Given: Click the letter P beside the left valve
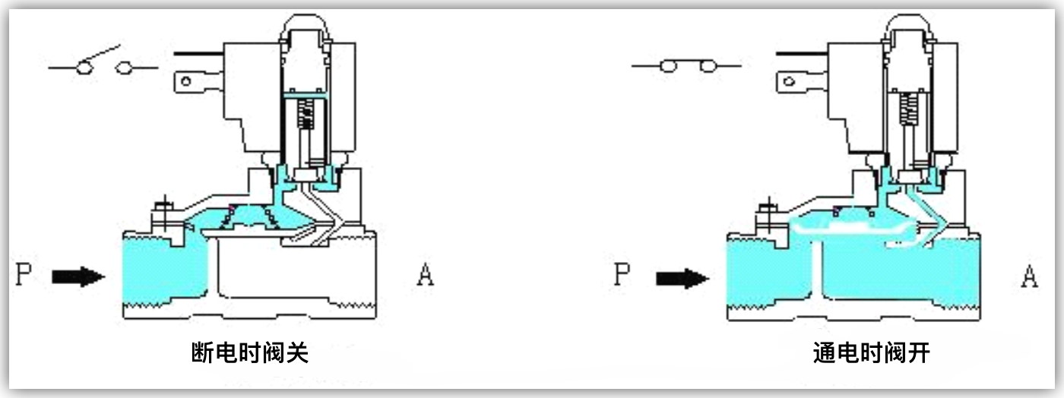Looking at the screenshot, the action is [x=24, y=273].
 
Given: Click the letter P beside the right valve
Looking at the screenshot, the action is [x=622, y=274].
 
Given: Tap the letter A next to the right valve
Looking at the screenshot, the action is [x=1029, y=276].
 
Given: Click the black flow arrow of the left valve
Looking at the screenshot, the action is [x=78, y=276].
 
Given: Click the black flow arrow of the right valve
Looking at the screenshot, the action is [x=682, y=278].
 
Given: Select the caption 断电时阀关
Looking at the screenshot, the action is [x=250, y=352].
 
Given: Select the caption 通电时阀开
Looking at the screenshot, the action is [x=871, y=352].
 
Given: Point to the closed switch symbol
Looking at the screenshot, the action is [x=686, y=65].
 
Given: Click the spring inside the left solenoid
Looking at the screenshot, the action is [x=306, y=114].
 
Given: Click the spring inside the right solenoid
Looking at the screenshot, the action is [x=908, y=109].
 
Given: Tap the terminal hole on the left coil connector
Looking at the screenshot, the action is [x=186, y=82].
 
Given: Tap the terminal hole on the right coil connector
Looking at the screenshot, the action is [x=789, y=81].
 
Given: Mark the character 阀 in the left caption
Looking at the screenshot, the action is [x=274, y=352].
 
